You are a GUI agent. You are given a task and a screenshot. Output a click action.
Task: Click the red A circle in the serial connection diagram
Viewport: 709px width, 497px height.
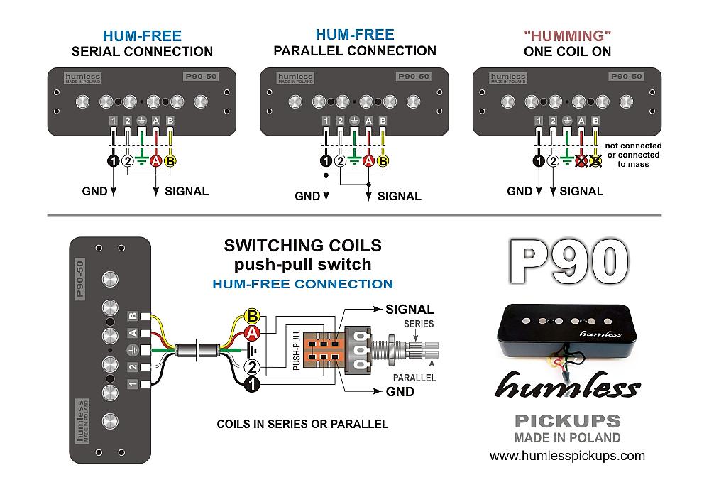pyautogui.click(x=156, y=160)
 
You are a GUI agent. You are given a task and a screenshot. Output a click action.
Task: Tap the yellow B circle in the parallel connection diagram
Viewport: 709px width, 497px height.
pyautogui.click(x=383, y=161)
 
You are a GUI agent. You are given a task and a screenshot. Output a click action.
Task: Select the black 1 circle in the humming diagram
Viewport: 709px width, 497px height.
pyautogui.click(x=539, y=160)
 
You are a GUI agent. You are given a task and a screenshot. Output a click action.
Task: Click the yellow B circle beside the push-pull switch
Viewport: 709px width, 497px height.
pyautogui.click(x=251, y=317)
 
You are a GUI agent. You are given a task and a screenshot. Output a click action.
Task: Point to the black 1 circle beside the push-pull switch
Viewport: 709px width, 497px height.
pyautogui.click(x=251, y=384)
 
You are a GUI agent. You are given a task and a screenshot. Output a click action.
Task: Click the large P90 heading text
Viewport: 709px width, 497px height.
pyautogui.click(x=568, y=261)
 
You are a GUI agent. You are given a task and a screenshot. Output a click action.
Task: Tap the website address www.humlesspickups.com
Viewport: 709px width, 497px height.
pyautogui.click(x=567, y=455)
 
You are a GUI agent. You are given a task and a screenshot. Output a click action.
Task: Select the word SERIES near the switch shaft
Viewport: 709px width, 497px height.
pyautogui.click(x=418, y=323)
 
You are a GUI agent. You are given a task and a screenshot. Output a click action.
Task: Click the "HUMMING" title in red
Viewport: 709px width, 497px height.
pyautogui.click(x=567, y=35)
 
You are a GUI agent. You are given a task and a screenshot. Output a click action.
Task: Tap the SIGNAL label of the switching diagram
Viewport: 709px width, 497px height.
pyautogui.click(x=410, y=310)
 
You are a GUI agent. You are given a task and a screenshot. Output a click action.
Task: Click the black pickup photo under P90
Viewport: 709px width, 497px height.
pyautogui.click(x=568, y=329)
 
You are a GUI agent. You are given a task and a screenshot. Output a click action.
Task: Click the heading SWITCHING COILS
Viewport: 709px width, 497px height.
pyautogui.click(x=302, y=246)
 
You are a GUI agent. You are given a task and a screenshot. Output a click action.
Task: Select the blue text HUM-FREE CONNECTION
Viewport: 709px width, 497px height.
pyautogui.click(x=302, y=284)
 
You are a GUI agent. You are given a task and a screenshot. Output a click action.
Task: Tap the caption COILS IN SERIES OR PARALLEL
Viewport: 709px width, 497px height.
pyautogui.click(x=302, y=424)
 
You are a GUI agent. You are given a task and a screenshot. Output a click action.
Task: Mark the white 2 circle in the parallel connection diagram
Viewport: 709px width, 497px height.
pyautogui.click(x=341, y=161)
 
